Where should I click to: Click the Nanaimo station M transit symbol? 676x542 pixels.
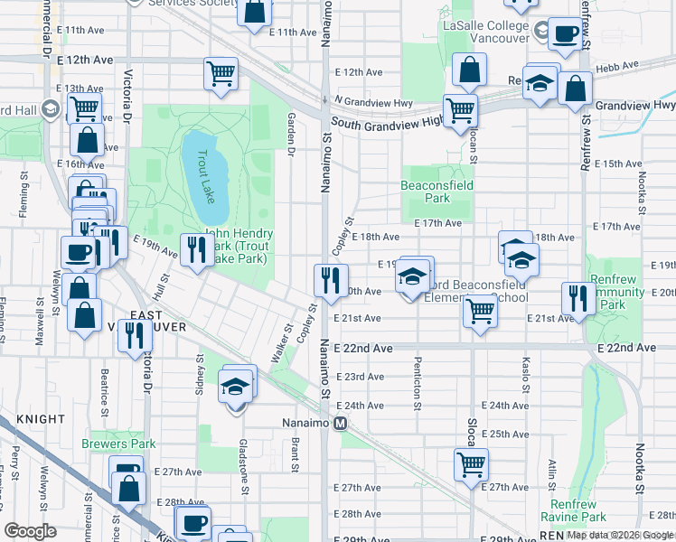[340, 424]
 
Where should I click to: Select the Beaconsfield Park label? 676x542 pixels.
[437, 191]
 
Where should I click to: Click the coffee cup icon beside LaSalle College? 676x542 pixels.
[566, 34]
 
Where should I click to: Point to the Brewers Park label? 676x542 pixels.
[118, 444]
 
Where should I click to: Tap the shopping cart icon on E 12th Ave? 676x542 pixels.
[221, 74]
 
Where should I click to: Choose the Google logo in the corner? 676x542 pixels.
[31, 530]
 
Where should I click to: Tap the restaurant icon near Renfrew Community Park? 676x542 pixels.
[575, 297]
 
